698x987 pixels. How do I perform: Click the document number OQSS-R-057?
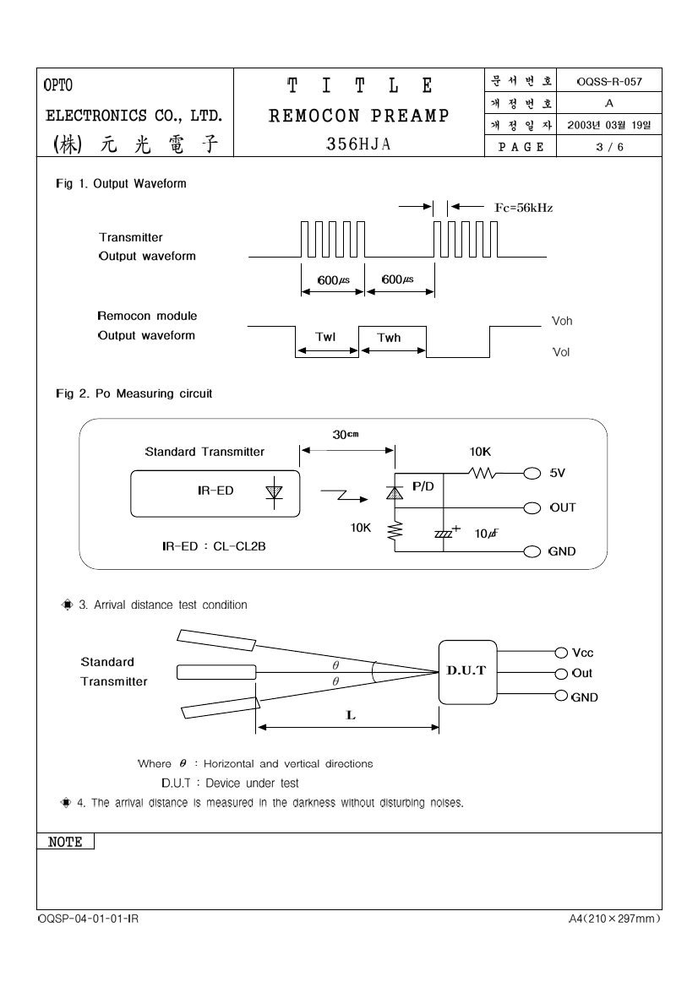pos(609,82)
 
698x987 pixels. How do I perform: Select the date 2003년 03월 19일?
pos(609,125)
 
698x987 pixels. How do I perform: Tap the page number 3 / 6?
pos(609,147)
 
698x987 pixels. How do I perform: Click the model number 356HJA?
pos(358,144)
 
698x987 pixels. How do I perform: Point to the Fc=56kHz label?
pos(524,208)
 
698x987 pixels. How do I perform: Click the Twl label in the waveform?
pos(325,337)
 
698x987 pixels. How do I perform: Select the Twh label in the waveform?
pos(389,338)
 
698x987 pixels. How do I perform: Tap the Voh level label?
pos(562,321)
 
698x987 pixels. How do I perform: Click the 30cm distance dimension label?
pos(346,434)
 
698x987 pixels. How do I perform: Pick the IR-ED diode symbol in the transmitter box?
pos(274,491)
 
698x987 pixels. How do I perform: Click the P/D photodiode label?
pos(423,486)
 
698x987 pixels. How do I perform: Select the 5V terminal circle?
pos(532,474)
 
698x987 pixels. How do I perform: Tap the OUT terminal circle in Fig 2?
pos(532,508)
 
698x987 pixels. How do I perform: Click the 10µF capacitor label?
pos(487,534)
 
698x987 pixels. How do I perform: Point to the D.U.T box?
pos(467,672)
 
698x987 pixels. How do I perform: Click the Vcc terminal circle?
pos(561,653)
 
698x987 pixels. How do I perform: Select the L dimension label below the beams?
pos(351,715)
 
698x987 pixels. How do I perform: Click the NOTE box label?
pos(66,842)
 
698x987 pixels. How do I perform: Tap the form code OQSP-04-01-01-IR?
pos(88,919)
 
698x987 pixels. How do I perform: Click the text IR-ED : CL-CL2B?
pos(214,546)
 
